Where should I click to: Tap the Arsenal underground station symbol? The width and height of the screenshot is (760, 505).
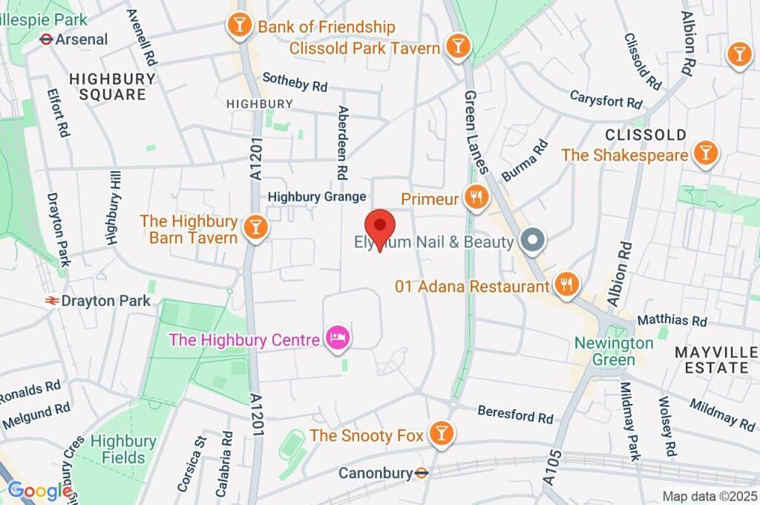46,39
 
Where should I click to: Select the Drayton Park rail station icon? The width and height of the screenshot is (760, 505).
52,301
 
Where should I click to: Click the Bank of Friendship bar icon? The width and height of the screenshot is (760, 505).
239,25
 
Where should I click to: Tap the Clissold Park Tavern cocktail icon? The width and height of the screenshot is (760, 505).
459,46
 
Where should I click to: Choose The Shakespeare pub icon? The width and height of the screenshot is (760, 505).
704,154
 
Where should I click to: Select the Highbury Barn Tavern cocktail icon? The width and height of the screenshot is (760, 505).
256,227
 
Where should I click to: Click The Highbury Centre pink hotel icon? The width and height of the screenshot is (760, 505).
338,339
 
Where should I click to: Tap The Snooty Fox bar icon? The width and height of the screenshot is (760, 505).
442,434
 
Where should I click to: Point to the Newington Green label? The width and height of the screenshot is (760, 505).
615,351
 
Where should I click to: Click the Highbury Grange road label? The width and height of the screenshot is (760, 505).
317,197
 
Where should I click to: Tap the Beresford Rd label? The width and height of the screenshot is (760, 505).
516,413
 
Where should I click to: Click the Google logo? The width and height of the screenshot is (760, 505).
39,490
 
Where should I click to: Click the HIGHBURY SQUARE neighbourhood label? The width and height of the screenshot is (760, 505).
113,86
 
